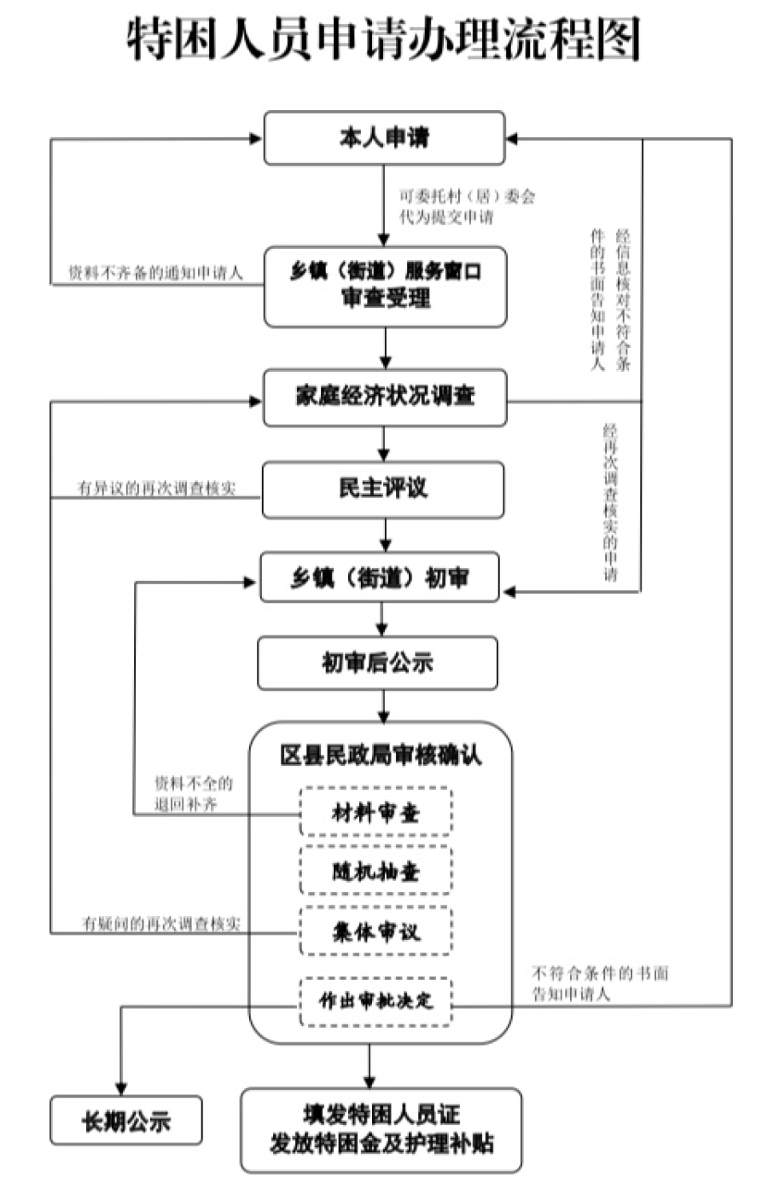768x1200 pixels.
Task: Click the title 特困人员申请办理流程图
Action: [384, 40]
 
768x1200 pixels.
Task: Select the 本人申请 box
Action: [384, 138]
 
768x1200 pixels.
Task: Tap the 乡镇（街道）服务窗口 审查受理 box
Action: [385, 287]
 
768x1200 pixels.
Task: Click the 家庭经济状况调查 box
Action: [385, 397]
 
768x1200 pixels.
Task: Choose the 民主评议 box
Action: [383, 490]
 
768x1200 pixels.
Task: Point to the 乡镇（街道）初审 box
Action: [380, 578]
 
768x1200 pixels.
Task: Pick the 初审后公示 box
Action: [377, 663]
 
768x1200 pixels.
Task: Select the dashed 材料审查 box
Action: [375, 812]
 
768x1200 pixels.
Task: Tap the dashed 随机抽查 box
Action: [375, 871]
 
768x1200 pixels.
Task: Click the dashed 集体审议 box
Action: [375, 931]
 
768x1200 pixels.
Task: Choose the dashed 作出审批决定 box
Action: [375, 1000]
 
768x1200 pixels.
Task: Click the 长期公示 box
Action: [126, 1121]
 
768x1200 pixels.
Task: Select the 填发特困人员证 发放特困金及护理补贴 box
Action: [381, 1129]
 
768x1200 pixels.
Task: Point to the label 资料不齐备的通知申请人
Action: [155, 274]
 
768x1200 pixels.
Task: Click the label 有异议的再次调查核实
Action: [156, 489]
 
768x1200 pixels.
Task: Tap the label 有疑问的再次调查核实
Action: [160, 924]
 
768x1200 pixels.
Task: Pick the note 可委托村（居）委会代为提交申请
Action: [468, 206]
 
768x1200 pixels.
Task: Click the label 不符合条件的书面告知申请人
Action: [600, 983]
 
